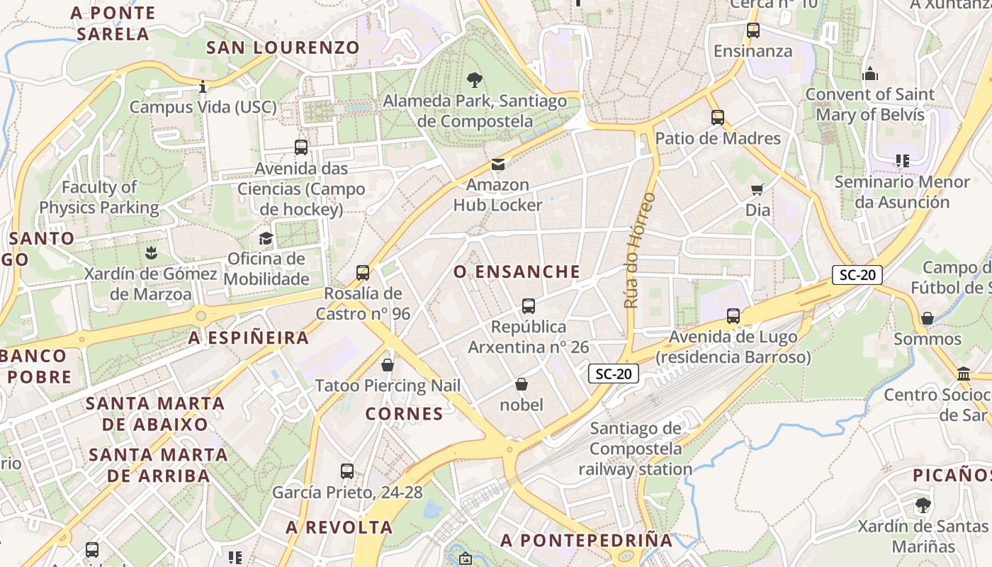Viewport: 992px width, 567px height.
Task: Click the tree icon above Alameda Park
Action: [474, 80]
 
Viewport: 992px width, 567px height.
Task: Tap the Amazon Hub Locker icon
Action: [498, 164]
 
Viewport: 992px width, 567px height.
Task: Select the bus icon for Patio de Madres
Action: [718, 118]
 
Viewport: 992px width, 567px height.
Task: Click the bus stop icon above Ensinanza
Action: [753, 30]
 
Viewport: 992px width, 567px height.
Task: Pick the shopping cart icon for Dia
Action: [757, 189]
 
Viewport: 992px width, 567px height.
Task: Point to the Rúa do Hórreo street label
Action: [638, 250]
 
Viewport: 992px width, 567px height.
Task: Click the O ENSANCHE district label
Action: [517, 271]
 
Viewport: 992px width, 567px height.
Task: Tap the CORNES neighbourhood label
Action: [404, 413]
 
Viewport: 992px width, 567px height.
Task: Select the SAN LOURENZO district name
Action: [283, 47]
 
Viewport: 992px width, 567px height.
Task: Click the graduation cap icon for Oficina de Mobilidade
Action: [266, 238]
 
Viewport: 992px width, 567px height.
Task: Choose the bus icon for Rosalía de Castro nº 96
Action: [363, 273]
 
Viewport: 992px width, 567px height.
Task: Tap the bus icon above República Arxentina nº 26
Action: [528, 306]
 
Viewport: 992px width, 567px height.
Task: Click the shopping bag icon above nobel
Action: [522, 384]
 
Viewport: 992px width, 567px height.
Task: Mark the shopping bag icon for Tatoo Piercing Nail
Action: [387, 365]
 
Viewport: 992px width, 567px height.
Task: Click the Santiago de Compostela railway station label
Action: [635, 449]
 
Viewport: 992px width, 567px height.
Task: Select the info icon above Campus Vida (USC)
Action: [203, 86]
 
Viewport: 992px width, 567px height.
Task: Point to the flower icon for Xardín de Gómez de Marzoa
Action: [150, 252]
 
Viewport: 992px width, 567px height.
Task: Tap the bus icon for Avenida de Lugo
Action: [733, 315]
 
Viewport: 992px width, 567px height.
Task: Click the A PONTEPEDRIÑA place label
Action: [586, 540]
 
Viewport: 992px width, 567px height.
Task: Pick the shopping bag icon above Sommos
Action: [927, 318]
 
